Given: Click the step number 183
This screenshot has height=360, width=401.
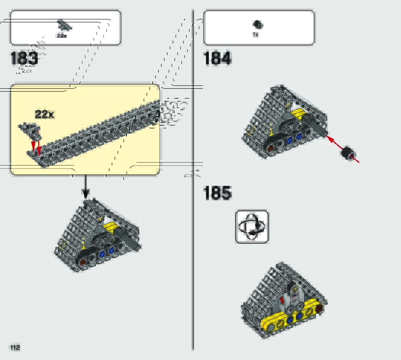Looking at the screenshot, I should pos(24,58).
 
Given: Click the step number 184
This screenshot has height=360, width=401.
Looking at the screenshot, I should pos(217,58).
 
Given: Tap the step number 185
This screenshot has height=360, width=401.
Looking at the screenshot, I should pos(217,193).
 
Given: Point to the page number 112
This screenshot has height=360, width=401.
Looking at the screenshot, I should pos(15,347).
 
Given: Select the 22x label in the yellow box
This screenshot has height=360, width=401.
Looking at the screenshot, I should pos(44,114).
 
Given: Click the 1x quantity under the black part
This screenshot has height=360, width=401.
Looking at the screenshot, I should pos(256,34).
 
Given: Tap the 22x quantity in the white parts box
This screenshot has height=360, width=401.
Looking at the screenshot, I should pos(62,36).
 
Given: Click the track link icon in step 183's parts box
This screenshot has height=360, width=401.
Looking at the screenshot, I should pos(65,25).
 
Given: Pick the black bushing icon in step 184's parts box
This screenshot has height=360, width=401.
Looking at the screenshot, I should pos(258,25).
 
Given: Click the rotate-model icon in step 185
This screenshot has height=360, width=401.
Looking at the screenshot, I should pos(252,227).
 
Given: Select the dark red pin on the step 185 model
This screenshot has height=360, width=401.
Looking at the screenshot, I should pos(319,308).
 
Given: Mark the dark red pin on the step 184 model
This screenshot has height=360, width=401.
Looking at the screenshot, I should pos(270,148).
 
